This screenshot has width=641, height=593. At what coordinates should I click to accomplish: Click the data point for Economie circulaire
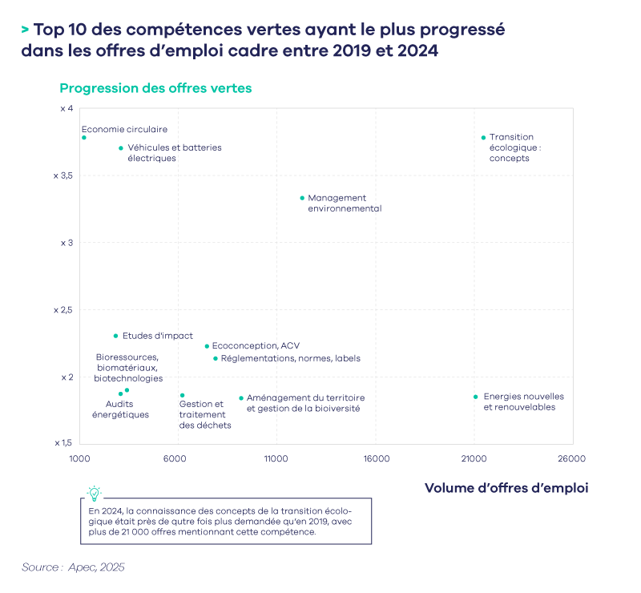[83, 137]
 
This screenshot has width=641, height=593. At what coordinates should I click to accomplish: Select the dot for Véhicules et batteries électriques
[121, 147]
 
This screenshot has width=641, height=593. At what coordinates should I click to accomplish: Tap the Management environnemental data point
[302, 197]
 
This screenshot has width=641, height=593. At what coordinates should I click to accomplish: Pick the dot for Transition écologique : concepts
[483, 137]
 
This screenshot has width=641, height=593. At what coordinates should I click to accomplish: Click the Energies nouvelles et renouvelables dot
[475, 397]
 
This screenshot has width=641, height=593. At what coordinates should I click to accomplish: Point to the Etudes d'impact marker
[115, 336]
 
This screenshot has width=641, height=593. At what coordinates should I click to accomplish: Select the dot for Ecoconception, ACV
[207, 346]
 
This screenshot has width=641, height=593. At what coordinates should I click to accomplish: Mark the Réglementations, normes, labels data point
[216, 358]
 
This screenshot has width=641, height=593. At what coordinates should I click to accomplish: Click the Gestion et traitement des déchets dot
[182, 395]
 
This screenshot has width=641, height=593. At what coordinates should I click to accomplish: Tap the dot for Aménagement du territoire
[240, 397]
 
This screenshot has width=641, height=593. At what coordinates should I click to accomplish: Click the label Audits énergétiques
[127, 409]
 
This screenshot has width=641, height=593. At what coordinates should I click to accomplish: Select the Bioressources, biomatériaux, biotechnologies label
[128, 367]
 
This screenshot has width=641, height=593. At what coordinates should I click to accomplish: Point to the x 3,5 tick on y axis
[62, 175]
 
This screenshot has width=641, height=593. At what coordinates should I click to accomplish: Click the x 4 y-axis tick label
[67, 108]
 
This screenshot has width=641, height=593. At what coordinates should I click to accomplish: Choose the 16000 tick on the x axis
[376, 459]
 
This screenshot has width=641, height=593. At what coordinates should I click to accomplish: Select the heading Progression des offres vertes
[155, 88]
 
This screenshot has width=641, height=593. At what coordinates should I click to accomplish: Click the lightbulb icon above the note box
[95, 494]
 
